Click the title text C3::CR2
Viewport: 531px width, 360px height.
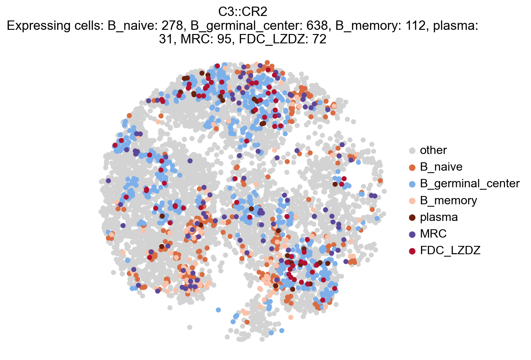pos(243,12)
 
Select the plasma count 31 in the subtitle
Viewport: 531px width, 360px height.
pos(165,39)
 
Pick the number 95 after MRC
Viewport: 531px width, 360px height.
pos(225,39)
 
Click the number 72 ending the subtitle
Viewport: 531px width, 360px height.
pos(319,39)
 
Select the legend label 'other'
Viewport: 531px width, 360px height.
pos(433,150)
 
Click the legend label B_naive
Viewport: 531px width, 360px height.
pos(441,167)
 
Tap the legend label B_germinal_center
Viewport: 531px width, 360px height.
pos(470,183)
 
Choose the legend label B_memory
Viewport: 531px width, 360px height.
pos(448,200)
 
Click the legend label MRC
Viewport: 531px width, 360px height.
pos(433,234)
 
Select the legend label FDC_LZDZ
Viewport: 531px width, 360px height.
pos(450,250)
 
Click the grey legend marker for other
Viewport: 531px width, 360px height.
pos(412,151)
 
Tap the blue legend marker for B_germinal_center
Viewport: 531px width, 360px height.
pos(412,184)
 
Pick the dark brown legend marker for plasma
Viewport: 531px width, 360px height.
pos(412,217)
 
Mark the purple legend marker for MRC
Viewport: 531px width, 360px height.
pos(412,234)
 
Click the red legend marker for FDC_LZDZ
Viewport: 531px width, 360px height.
pos(412,251)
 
